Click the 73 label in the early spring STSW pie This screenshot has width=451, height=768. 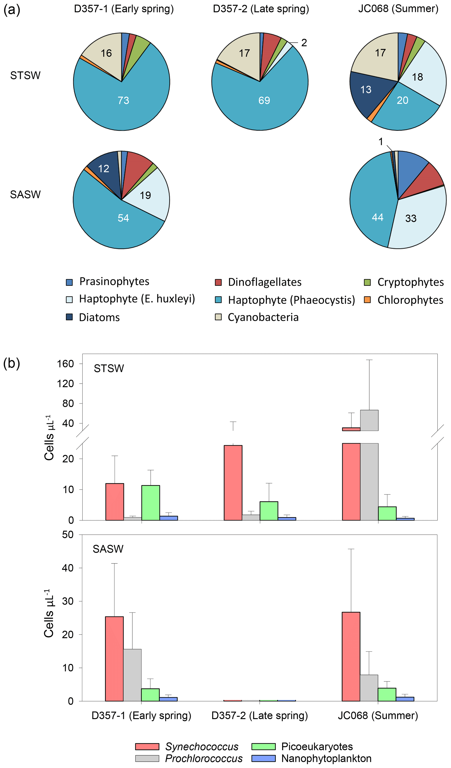[x=123, y=100]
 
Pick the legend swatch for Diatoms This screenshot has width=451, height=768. [x=69, y=317]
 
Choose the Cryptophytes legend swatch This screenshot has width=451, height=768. [x=367, y=282]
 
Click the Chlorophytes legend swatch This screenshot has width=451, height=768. [x=367, y=300]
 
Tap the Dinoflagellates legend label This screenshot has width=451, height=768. [x=264, y=282]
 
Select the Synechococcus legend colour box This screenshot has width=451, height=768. [x=147, y=746]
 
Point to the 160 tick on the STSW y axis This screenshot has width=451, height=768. [x=65, y=364]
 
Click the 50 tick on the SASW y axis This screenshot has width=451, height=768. [x=68, y=535]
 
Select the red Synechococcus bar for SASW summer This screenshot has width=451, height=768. [x=351, y=657]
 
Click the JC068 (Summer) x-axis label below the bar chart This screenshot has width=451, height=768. [x=378, y=715]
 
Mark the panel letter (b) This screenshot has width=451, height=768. [x=12, y=363]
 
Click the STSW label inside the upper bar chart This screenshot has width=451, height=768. [x=109, y=368]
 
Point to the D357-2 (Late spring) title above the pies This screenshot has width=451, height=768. [x=261, y=9]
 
